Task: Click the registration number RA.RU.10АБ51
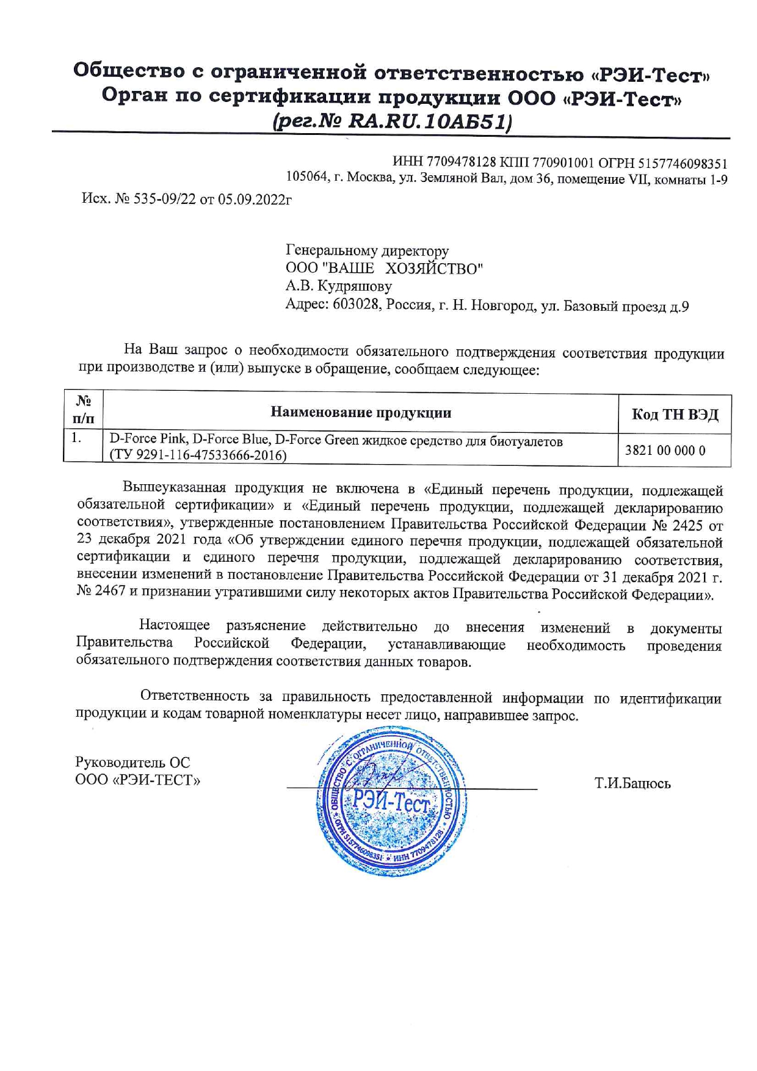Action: (x=427, y=122)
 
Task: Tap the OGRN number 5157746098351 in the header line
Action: (x=683, y=163)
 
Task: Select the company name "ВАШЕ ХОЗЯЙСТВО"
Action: (x=402, y=269)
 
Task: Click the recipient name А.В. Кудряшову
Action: (x=339, y=286)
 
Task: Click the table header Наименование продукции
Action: (x=361, y=413)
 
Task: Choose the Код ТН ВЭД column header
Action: (x=675, y=415)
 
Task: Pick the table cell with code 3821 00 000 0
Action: (x=665, y=451)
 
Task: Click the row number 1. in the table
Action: (x=76, y=438)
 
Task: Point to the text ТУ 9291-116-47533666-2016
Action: (x=198, y=455)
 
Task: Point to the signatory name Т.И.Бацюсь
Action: (x=632, y=783)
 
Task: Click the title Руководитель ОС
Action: (x=132, y=763)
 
